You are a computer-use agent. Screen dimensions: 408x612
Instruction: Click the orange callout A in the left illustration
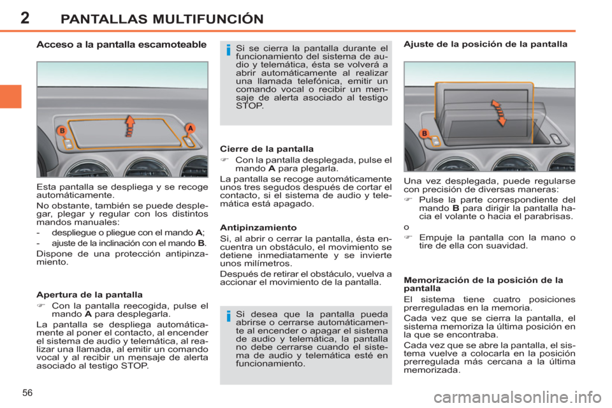189,128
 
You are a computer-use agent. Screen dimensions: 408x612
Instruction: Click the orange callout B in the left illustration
62,131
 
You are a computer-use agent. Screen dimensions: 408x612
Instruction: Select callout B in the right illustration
424,133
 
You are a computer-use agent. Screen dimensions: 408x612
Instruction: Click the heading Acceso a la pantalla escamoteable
121,45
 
